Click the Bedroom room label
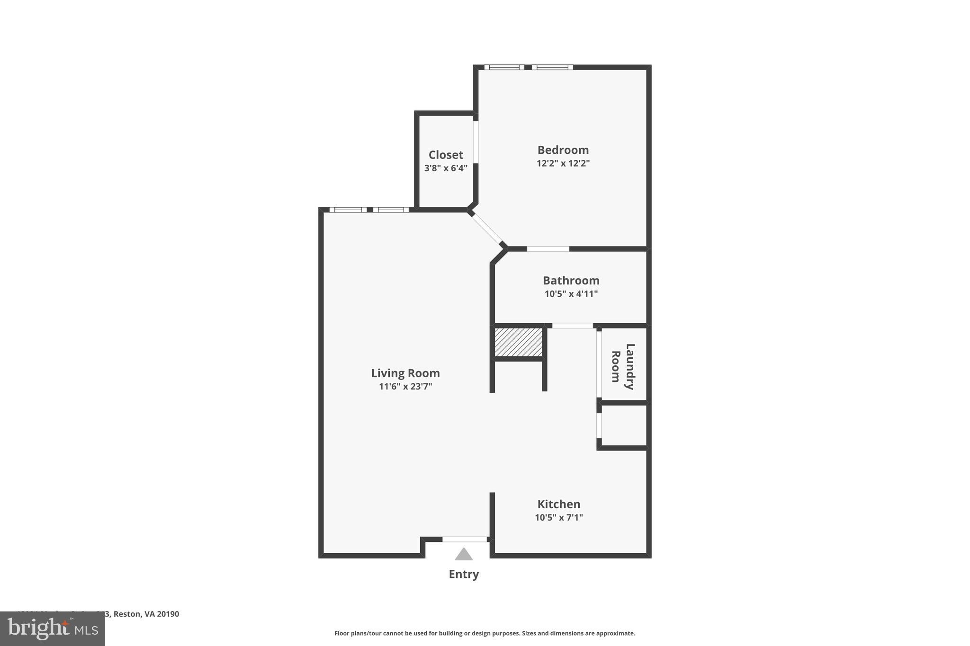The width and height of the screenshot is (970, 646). pos(563,150)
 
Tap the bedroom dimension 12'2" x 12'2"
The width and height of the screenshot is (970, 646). pos(563,163)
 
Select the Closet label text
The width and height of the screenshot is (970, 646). pos(446,155)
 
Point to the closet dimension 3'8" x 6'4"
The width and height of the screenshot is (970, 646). pos(446,168)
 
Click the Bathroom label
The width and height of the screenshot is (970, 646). pos(571,280)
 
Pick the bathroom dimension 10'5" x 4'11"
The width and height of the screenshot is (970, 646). pos(571,293)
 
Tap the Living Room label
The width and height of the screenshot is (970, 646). pos(405,373)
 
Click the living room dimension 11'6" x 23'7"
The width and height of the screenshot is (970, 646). pos(405,386)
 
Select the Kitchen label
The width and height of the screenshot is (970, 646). pos(558,504)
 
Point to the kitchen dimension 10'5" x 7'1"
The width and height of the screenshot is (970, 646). pos(558,517)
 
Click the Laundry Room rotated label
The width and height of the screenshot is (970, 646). pos(623,366)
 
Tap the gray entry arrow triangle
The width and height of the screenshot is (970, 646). pos(464,554)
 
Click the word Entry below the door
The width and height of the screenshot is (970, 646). pos(464,574)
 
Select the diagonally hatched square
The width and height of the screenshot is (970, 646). pos(518,342)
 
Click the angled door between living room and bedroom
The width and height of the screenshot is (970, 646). pos(487,229)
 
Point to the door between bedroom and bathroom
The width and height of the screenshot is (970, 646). pos(548,249)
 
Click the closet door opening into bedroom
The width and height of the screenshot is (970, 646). pos(476,142)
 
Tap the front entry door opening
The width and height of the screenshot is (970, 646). pos(465,539)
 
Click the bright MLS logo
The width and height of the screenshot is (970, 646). pos(53,628)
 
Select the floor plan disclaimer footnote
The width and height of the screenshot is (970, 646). pos(485,633)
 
